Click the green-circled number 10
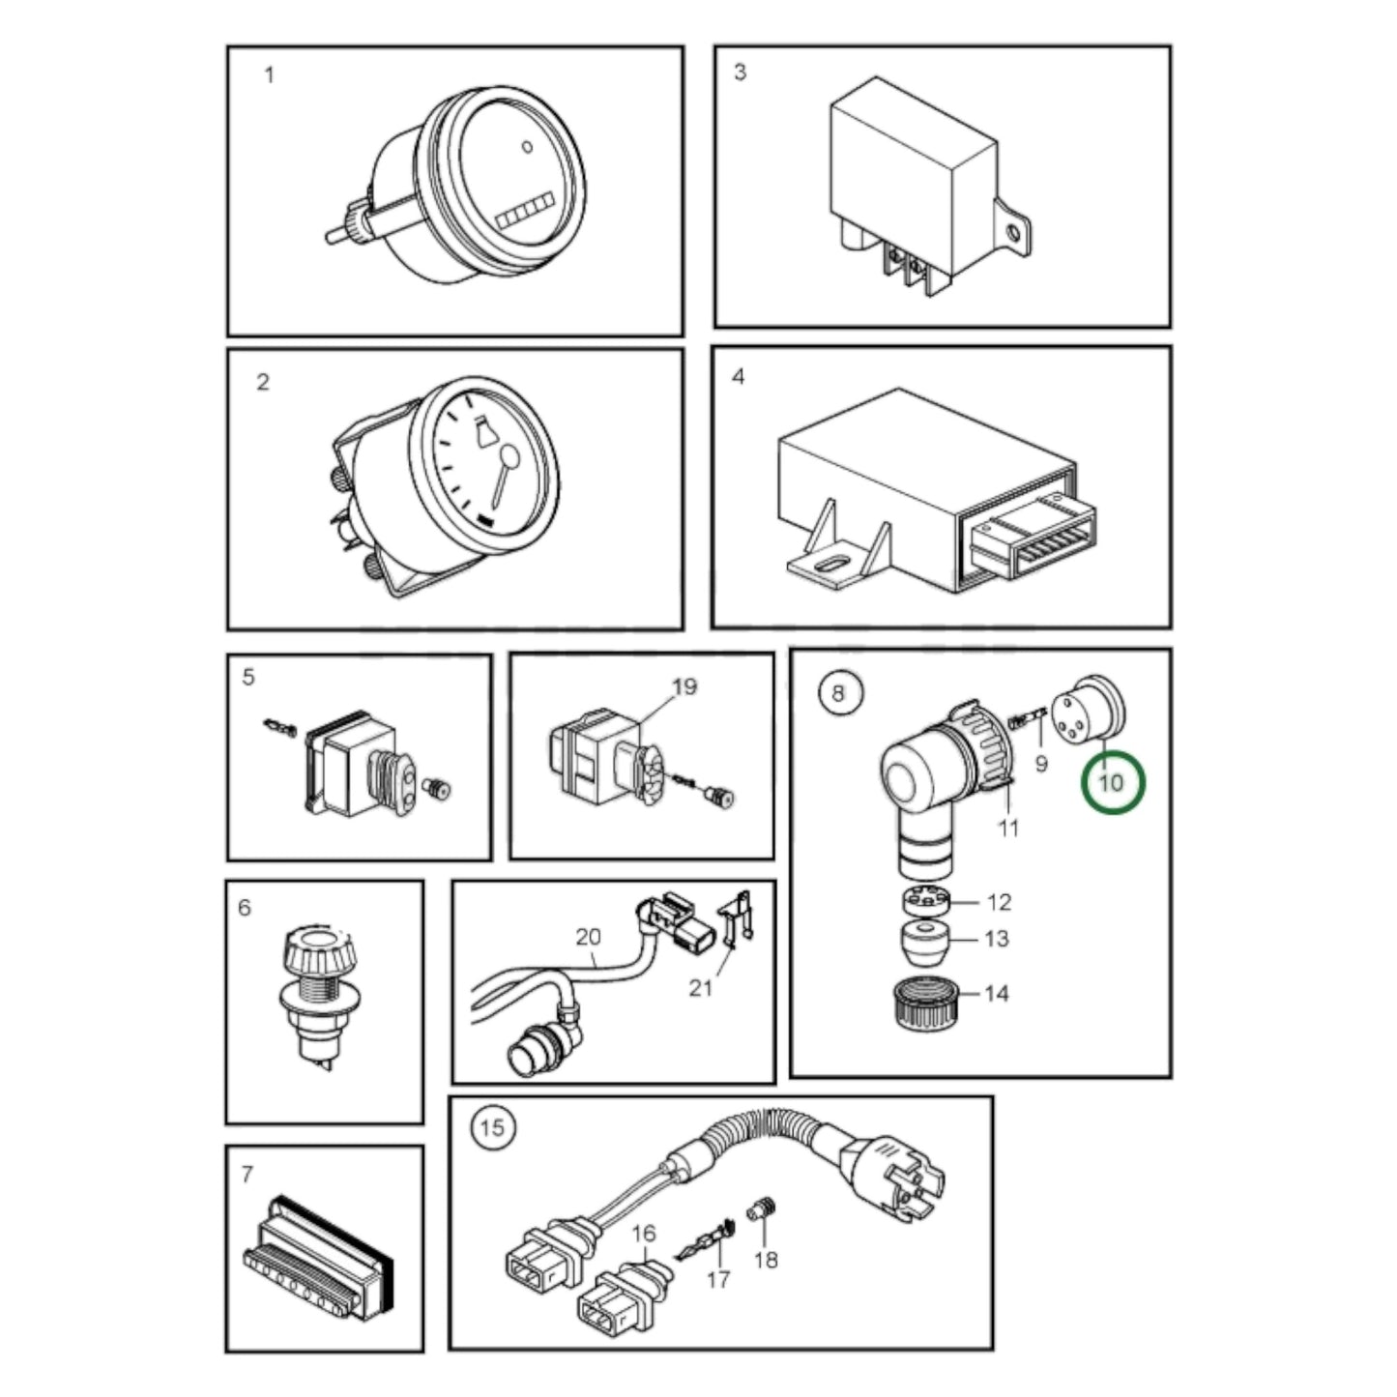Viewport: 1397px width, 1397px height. click(1112, 783)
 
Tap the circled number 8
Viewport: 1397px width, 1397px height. click(841, 693)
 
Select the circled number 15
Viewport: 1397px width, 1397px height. click(493, 1128)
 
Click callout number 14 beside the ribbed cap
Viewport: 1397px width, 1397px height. click(997, 993)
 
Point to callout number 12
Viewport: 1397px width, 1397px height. click(999, 902)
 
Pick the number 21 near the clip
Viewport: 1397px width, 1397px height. click(700, 987)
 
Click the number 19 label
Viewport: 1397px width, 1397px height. click(684, 685)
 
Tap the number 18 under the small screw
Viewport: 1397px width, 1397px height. click(767, 1260)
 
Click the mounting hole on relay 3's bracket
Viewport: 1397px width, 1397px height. click(1013, 233)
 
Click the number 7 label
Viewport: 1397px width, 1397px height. click(247, 1174)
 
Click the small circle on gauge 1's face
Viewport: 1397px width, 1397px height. click(528, 146)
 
